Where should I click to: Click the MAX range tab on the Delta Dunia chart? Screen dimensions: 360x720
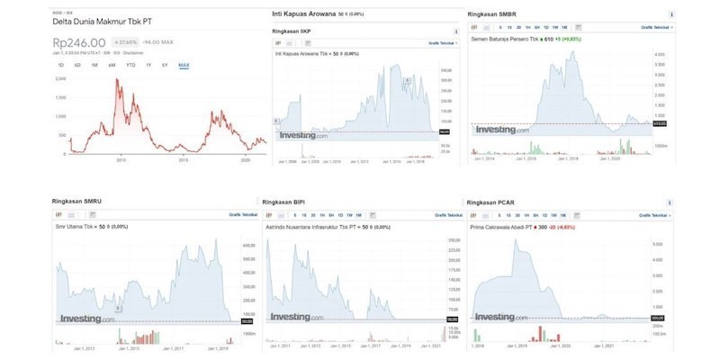tap(184, 65)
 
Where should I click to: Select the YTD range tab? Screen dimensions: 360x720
tap(130, 65)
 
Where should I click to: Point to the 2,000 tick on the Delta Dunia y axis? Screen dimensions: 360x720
tap(61, 79)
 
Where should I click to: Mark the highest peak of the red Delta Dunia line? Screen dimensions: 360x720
tap(117, 79)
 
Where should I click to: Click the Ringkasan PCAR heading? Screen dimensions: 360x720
tap(492, 201)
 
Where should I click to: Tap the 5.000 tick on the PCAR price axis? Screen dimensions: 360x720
tap(659, 244)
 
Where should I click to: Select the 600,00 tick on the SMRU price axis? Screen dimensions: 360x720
tap(249, 245)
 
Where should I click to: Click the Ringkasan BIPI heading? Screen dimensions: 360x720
tap(285, 202)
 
